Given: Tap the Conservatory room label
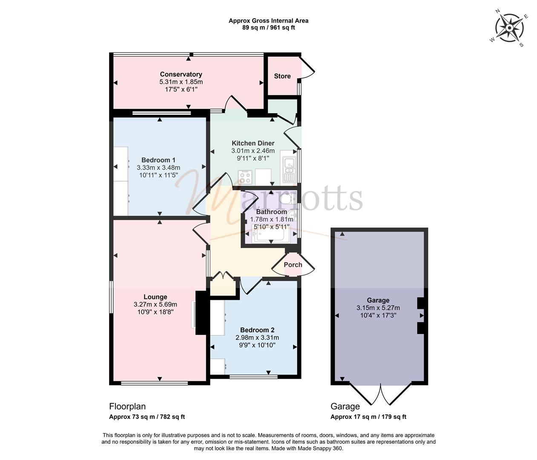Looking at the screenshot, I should (x=181, y=74).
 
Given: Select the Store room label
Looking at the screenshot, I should (x=282, y=76).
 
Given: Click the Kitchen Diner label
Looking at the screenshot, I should (x=253, y=143).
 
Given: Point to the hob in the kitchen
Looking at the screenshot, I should (x=246, y=177).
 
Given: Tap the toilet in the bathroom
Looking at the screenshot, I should (x=288, y=199).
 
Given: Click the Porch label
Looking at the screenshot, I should (x=293, y=265).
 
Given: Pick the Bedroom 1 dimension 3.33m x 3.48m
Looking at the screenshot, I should (x=158, y=167).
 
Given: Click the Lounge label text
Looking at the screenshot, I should (x=155, y=297).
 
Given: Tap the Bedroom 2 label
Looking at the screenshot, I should (x=257, y=330).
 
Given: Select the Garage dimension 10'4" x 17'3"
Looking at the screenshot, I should (x=378, y=315).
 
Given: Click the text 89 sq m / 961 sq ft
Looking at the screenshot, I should (x=268, y=28).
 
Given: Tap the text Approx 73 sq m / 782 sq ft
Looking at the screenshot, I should (x=147, y=417).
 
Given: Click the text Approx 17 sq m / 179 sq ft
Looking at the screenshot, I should (x=368, y=417).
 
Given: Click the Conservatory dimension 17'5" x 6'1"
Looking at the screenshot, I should (x=181, y=89).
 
